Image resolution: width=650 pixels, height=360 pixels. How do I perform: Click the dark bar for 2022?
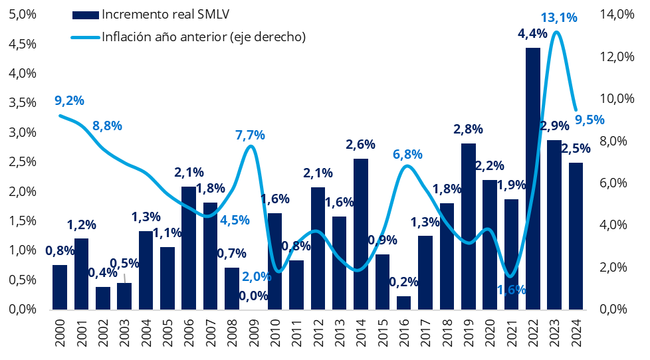click(532, 179)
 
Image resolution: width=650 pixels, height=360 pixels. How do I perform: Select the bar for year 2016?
click(404, 303)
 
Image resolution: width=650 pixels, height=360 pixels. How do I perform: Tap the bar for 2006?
click(189, 248)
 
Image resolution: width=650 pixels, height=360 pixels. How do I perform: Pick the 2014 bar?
click(361, 234)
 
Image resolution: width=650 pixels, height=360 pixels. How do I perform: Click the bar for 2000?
click(60, 287)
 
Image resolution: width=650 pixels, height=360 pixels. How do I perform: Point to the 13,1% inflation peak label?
click(559, 17)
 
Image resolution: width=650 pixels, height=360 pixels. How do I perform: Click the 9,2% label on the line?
click(69, 100)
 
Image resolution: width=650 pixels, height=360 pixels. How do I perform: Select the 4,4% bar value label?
click(532, 34)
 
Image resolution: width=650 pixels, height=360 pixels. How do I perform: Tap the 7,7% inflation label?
click(250, 135)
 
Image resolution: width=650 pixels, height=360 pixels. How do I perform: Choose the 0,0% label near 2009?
click(253, 296)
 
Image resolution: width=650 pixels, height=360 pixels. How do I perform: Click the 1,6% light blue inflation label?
click(512, 290)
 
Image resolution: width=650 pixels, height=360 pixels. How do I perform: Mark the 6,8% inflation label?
click(407, 155)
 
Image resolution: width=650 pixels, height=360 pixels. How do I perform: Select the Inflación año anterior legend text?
click(204, 37)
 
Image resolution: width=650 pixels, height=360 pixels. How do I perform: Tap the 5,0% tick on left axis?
click(23, 15)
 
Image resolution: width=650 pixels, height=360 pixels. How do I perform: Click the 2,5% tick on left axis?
click(23, 161)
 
